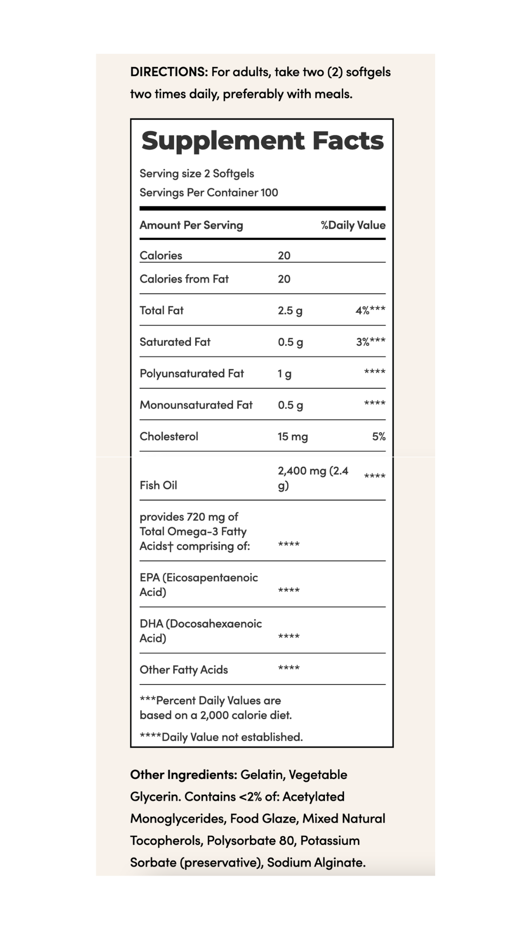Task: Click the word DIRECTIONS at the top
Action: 169,72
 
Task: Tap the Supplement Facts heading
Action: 262,141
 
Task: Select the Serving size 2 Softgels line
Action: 197,174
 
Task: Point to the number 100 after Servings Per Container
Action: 269,193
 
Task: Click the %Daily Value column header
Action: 353,225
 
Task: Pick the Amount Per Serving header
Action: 191,225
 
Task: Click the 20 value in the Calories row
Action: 284,256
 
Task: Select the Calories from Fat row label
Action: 184,279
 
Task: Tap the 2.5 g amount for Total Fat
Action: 290,311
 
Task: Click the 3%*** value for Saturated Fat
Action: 371,342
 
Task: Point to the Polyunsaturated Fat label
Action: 192,374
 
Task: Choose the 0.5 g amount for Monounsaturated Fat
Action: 290,405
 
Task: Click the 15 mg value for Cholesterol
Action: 293,437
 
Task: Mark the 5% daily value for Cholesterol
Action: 379,437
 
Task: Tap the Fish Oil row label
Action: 158,485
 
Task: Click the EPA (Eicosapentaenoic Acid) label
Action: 199,585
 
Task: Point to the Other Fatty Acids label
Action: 184,670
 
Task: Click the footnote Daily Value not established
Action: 221,737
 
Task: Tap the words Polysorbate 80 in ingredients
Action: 251,840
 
